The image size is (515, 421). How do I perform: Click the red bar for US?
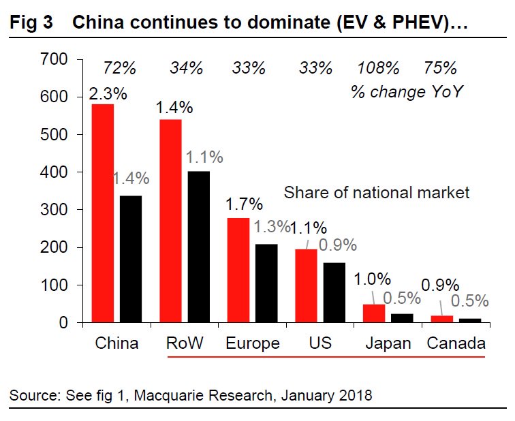tap(307, 285)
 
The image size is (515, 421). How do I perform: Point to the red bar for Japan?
tap(374, 313)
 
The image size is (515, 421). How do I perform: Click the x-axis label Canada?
tap(456, 343)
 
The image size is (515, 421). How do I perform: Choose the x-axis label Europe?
tap(252, 343)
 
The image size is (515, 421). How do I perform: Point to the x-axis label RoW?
tap(184, 343)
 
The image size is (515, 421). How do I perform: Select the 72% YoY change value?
tap(120, 69)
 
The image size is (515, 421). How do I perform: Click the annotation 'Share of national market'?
tap(377, 193)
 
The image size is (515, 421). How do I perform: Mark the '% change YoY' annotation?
tap(407, 91)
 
